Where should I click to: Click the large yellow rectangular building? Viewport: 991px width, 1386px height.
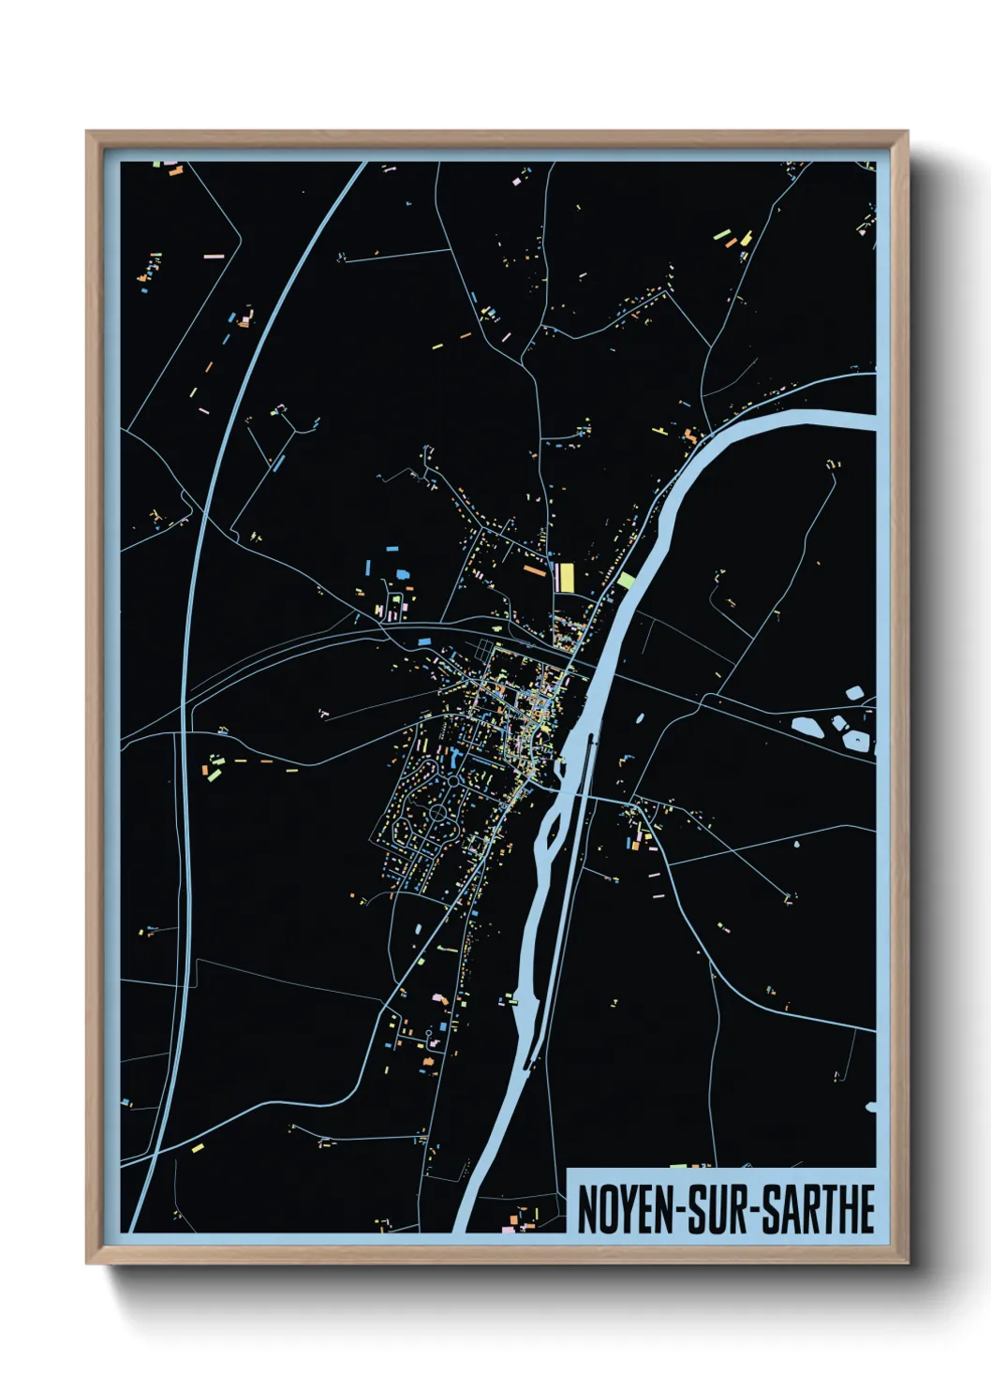point(566,577)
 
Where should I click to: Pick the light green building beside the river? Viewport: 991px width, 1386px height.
point(626,580)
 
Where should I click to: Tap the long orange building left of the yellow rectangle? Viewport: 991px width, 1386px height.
point(534,569)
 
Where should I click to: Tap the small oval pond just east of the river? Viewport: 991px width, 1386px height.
point(641,719)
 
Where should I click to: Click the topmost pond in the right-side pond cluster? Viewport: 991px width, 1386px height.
point(854,694)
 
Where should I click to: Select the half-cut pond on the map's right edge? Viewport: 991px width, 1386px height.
point(871,1108)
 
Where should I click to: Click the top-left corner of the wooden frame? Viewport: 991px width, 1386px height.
point(87,132)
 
